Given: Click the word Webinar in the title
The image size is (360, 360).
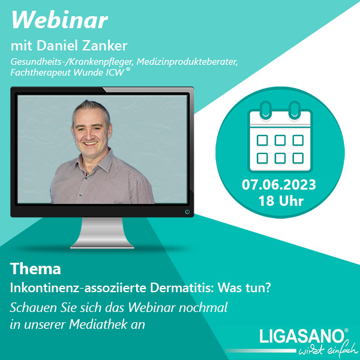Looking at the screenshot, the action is click(59, 20).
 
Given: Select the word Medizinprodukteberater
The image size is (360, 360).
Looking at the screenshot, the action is click(187, 62).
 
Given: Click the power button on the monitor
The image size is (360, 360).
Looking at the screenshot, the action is click(187, 212).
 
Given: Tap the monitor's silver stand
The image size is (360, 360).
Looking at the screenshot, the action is click(102, 233).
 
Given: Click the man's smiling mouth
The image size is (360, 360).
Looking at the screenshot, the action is click(91, 143).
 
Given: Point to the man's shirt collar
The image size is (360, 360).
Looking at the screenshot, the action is click(97, 160).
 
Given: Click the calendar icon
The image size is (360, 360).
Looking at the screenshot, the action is click(280, 137).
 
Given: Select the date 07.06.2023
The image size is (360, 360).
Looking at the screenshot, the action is click(279, 185).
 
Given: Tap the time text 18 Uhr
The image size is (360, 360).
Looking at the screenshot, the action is click(281, 201).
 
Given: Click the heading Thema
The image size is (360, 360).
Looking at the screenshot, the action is click(35, 268).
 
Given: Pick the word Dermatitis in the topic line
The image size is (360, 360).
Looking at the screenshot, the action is click(181, 287).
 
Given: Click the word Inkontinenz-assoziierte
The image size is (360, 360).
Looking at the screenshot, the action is click(78, 287).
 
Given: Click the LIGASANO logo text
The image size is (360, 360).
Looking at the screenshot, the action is click(302, 337).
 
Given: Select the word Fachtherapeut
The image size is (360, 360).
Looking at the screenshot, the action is click(41, 73).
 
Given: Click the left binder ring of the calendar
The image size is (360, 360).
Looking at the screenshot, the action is click(266, 110).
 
